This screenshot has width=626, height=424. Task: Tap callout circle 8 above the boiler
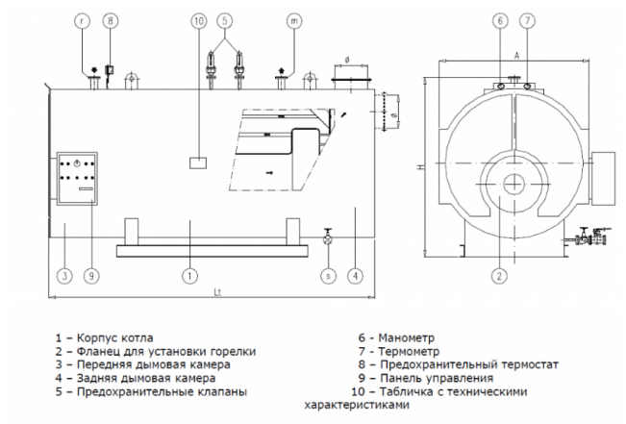tap(110, 19)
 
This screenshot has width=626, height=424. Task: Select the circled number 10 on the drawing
tap(197, 19)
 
